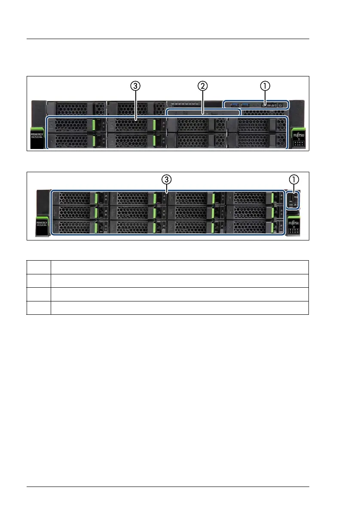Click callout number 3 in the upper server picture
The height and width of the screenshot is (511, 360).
[x=136, y=86]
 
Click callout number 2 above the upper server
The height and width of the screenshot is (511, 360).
[x=203, y=86]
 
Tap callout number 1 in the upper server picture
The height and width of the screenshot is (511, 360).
[x=265, y=86]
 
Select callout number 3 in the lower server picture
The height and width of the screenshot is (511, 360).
[x=167, y=179]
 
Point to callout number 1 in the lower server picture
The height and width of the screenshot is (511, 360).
[x=294, y=179]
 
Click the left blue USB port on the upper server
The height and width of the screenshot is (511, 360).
[x=235, y=105]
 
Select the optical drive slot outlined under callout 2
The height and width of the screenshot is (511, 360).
[x=203, y=113]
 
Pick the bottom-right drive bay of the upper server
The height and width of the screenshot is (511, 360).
[x=256, y=140]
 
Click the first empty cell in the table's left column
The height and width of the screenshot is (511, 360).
[x=39, y=267]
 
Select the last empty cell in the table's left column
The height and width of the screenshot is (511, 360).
[x=39, y=307]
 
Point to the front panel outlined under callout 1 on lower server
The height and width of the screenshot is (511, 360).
[x=293, y=200]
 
